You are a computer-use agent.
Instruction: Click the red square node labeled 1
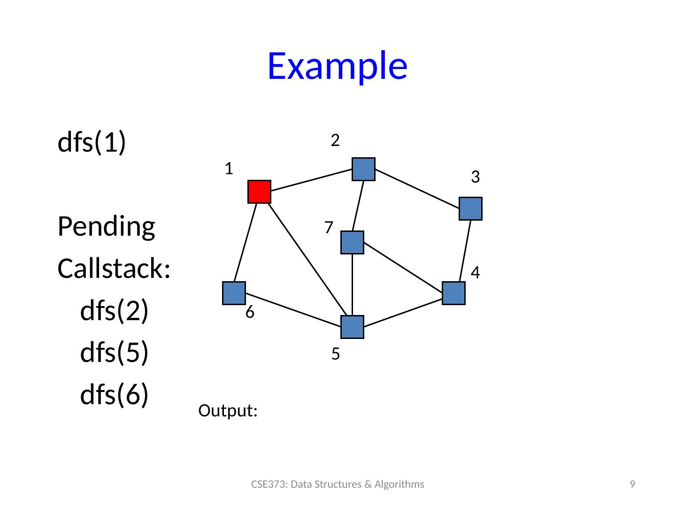(x=259, y=192)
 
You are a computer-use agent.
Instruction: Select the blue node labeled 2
(x=363, y=169)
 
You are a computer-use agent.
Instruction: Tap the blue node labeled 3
(x=470, y=209)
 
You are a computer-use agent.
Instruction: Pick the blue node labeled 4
(x=453, y=293)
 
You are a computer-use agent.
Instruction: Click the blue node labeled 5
(x=353, y=327)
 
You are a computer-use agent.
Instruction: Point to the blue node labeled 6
(x=234, y=293)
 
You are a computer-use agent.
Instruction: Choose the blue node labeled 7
(x=353, y=243)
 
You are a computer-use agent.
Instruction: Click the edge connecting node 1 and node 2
(x=311, y=180)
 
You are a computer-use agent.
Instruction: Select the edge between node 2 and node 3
(x=417, y=189)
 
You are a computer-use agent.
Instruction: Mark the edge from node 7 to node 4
(x=403, y=267)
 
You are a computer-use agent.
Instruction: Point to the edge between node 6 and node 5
(x=293, y=310)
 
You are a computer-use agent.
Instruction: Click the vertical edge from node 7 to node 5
(x=353, y=285)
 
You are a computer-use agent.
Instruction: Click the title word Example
(x=338, y=66)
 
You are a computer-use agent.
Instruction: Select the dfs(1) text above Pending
(x=92, y=142)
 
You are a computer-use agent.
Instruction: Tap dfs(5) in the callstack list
(x=114, y=353)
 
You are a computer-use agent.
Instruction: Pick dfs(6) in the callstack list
(x=114, y=395)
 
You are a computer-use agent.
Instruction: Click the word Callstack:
(x=114, y=269)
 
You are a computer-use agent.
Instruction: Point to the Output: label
(x=228, y=410)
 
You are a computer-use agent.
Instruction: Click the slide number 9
(x=632, y=484)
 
